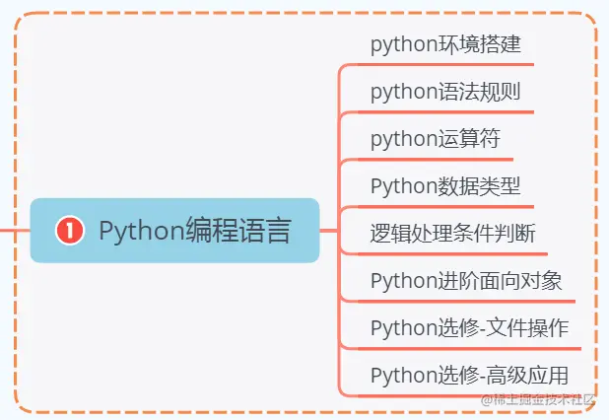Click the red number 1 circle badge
[x=68, y=231]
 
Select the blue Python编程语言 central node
[x=175, y=231]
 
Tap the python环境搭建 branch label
[x=445, y=45]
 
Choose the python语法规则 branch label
[x=445, y=93]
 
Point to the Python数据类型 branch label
[x=445, y=185]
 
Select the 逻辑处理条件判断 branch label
[x=452, y=233]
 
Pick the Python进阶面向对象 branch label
[x=466, y=280]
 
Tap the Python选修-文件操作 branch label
[x=469, y=327]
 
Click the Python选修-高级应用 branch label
[x=469, y=375]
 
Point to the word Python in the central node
[x=141, y=231]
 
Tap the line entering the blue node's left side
[x=14, y=231]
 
